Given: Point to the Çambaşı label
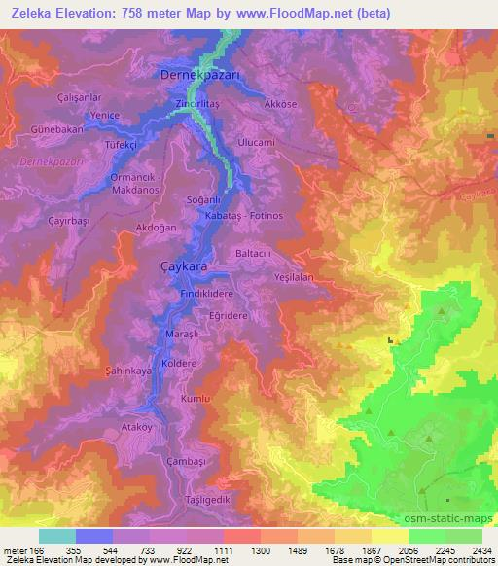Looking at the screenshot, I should pos(188,460).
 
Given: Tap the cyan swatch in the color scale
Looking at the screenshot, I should pos(56,536).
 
